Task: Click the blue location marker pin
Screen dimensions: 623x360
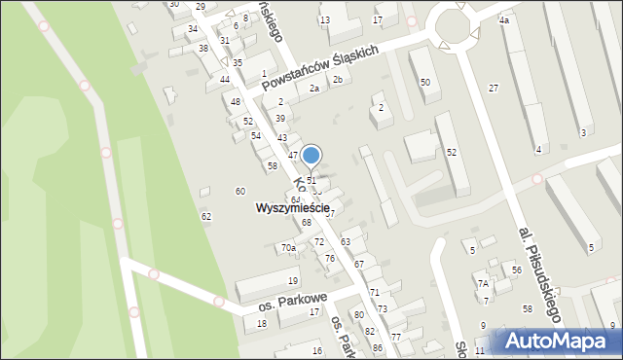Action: coord(311,156)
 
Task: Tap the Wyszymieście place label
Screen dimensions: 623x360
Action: coord(293,208)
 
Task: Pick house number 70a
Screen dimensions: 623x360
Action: coord(288,248)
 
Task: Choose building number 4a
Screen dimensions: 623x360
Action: coord(503,20)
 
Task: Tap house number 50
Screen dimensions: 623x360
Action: coord(424,83)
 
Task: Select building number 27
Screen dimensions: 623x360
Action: coord(494,89)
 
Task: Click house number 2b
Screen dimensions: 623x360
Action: coord(338,80)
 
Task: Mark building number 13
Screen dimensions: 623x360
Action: coord(325,20)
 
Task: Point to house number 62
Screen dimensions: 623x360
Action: coord(205,216)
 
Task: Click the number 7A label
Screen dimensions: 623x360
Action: coord(482,283)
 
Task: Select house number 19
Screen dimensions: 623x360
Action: coord(293,281)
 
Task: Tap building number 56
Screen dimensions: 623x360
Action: coord(517,270)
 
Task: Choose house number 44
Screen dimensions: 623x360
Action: coord(225,79)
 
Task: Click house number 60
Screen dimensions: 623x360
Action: coord(240,192)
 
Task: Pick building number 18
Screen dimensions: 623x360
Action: coord(261,323)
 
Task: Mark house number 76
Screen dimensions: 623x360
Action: coord(330,259)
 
